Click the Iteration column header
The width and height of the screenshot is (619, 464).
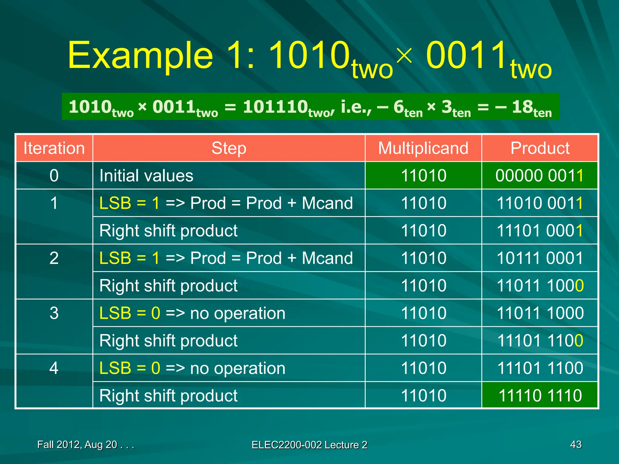54,148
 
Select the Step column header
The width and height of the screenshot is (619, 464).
229,148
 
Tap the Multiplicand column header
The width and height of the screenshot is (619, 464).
423,148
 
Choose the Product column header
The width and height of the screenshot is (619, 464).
540,148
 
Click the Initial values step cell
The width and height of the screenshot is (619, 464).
146,176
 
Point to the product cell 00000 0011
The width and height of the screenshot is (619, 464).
540,176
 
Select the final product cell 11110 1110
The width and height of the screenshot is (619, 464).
540,395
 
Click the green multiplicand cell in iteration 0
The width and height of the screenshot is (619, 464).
423,176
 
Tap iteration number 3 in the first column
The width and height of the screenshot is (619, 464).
54,313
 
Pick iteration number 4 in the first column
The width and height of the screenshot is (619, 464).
54,368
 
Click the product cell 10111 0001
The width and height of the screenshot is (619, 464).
540,258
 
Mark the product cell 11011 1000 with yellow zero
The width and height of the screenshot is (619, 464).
540,286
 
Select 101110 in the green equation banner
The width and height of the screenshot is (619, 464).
275,107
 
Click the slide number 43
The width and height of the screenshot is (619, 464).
575,444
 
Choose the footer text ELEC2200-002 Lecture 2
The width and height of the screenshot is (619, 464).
309,445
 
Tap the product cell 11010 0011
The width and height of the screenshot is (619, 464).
540,203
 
